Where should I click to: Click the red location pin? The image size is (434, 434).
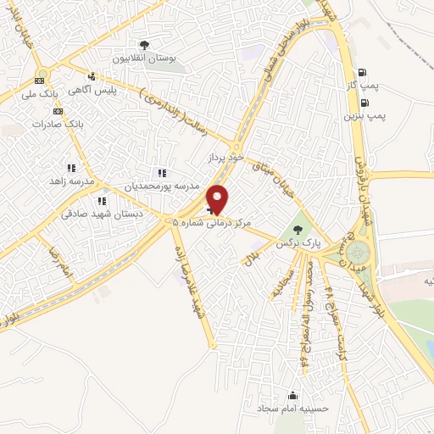click(218, 200)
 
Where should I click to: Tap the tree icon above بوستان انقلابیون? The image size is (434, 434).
click(145, 45)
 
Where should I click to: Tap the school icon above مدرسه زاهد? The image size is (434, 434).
click(71, 168)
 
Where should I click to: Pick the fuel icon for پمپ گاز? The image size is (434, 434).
click(363, 73)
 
